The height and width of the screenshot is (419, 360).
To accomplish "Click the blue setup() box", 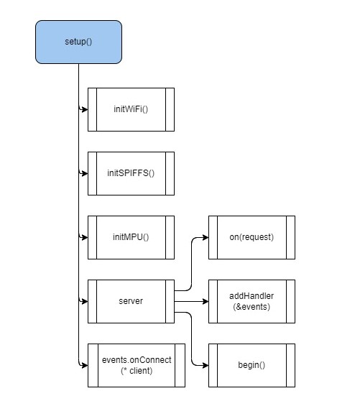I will coord(78,41).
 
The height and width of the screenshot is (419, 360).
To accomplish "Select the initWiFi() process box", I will coord(131,109).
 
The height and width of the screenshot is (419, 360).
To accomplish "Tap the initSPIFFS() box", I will coord(131,173).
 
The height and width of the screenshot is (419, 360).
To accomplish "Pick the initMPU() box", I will coord(131,237).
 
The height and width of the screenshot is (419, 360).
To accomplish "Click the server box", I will coord(131,301).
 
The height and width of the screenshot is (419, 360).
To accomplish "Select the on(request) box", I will coord(251,237).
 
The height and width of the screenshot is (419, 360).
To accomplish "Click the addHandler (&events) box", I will coord(251,301).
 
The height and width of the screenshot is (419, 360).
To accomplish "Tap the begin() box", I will coord(251,365).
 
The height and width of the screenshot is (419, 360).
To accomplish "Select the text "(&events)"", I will coord(251,307).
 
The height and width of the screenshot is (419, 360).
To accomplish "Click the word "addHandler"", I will coord(251,296).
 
